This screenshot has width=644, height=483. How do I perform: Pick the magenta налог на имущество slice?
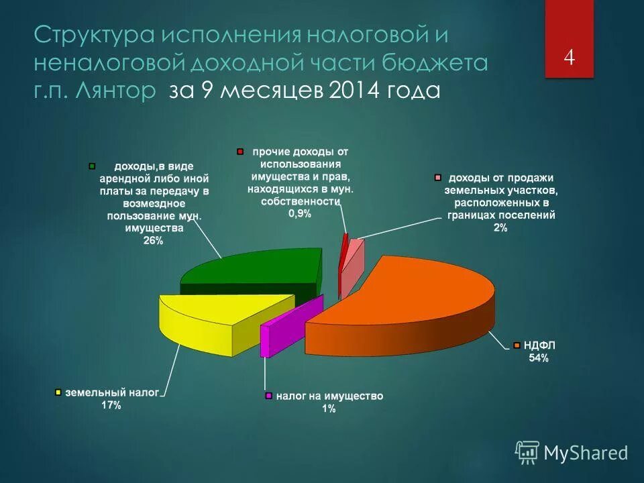[282, 329]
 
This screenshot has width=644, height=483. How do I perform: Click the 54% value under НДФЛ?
[539, 358]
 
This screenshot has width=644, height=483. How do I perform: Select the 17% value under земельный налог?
[111, 405]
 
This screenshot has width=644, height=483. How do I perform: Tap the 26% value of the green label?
[153, 241]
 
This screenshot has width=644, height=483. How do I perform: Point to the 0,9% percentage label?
[300, 213]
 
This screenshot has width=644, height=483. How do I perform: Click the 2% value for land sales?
[500, 228]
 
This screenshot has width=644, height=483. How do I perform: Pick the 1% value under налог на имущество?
[328, 409]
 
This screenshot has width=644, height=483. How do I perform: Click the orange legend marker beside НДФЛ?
[517, 345]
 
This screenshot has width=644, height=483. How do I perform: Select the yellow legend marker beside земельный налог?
[58, 392]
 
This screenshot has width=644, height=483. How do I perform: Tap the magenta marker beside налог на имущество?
[269, 396]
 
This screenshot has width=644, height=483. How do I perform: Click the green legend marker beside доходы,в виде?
[93, 166]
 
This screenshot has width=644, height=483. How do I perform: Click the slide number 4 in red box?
[569, 58]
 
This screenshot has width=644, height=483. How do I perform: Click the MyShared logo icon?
[527, 453]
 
